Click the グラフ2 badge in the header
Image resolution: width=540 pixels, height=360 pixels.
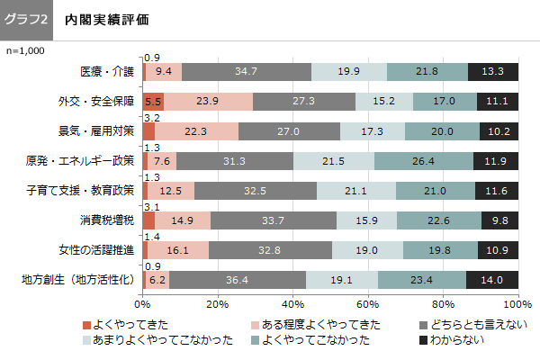tap(27, 19)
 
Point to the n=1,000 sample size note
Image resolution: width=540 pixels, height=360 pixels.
tap(25, 51)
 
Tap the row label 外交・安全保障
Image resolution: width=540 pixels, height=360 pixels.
tap(95, 101)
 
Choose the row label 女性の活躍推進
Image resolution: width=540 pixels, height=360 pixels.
tap(101, 249)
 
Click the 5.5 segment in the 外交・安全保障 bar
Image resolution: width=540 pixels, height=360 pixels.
tap(153, 101)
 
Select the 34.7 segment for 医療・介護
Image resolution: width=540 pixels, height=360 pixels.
tap(246, 71)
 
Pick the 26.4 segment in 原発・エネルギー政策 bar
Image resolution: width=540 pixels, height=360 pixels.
tap(423, 161)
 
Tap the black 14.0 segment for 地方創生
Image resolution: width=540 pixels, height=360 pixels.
tap(492, 280)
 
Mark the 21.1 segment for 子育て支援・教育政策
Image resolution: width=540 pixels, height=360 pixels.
tap(355, 191)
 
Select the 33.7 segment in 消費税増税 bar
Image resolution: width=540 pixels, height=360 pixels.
tap(274, 220)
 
